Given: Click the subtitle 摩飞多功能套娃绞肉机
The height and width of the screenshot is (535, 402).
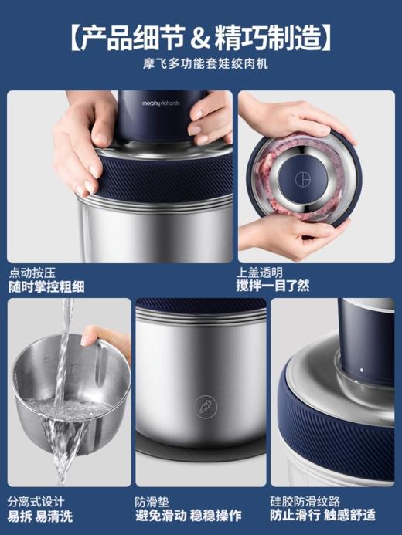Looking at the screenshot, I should (201, 65).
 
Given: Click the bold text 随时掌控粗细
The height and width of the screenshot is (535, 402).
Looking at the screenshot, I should (46, 286).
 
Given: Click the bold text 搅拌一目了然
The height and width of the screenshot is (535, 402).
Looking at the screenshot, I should (273, 286).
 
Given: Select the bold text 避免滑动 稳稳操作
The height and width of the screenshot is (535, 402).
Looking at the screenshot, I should (188, 516).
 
